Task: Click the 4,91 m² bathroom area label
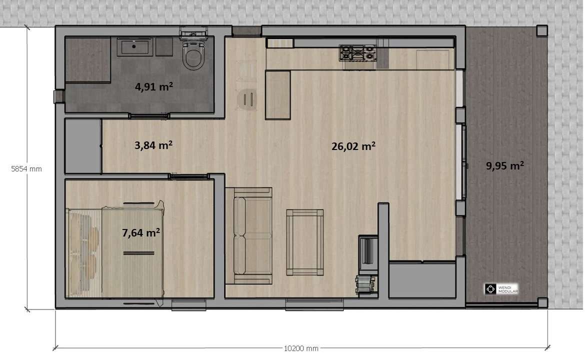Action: point(153,86)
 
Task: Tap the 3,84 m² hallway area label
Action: point(153,144)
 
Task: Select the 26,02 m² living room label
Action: point(353,146)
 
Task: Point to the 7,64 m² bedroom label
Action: point(141,232)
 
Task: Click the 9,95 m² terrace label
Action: point(505,165)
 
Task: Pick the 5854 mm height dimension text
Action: point(26,168)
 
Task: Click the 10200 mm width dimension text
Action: point(301,348)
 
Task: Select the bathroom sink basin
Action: point(134,47)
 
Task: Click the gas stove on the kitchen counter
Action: point(358,52)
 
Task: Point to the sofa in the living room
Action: point(248,236)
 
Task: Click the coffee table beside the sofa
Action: point(305,242)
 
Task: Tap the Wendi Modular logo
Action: point(501,288)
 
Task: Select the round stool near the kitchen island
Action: point(247,99)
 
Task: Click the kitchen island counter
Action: point(277,95)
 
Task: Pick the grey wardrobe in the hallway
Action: point(83,146)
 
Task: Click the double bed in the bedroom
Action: point(132,252)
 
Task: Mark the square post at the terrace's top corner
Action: point(542,30)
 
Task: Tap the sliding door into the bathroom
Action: point(149,116)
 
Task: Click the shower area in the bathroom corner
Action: point(87,59)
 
